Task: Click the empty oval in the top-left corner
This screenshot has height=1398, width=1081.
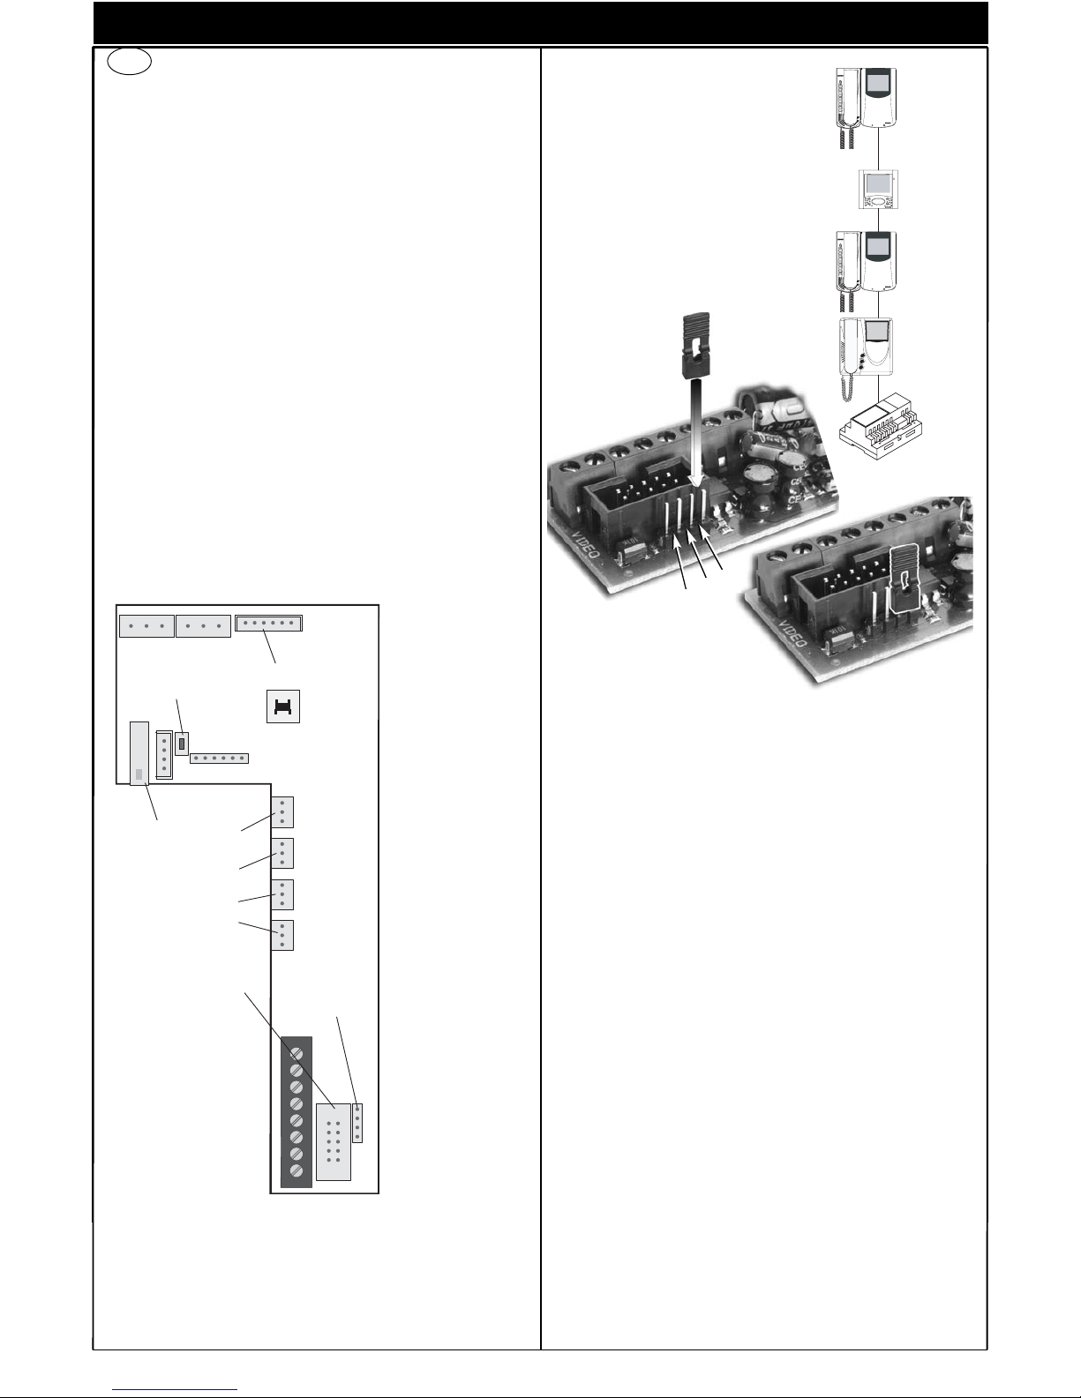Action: [130, 62]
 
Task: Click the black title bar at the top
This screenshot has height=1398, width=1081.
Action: [540, 23]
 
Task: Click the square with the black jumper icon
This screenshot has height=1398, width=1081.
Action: [283, 706]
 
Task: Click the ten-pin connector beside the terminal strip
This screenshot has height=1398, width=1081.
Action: [334, 1142]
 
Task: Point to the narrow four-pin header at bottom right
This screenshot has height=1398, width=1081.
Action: [357, 1124]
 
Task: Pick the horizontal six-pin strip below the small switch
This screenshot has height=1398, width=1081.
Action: [219, 759]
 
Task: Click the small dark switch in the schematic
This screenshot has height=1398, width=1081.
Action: [182, 744]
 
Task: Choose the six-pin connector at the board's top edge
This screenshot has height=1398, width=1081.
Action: [268, 624]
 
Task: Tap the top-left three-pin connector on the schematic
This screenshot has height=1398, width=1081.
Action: [146, 626]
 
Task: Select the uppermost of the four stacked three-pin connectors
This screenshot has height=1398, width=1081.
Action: [282, 812]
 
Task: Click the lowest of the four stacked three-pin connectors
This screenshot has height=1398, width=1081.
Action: [282, 935]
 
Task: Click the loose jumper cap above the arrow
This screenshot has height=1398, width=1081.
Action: [695, 345]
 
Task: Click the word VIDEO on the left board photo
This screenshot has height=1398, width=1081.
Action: [585, 543]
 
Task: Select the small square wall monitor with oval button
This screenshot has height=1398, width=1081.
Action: [878, 189]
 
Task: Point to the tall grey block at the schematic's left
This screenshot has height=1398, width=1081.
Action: [139, 753]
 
